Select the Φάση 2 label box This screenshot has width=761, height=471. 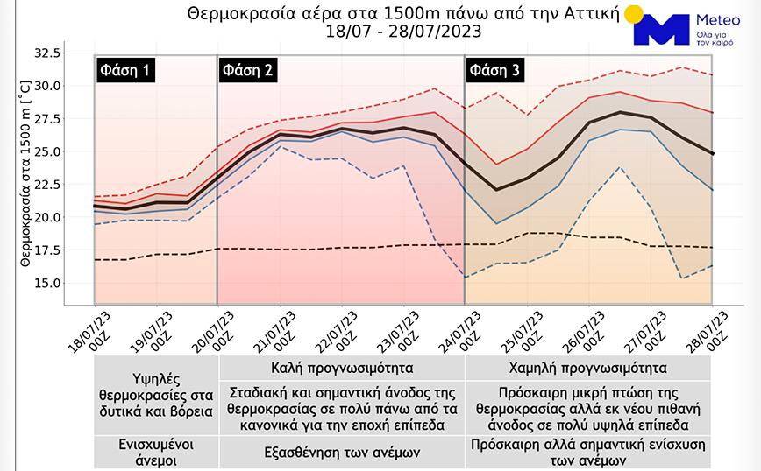tap(248, 70)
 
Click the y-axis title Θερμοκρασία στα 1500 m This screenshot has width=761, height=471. tap(25, 172)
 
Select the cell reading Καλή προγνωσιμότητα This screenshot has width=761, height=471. tap(342, 367)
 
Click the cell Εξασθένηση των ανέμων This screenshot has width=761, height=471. tap(342, 452)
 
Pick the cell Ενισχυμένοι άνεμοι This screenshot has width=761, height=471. tap(156, 452)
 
